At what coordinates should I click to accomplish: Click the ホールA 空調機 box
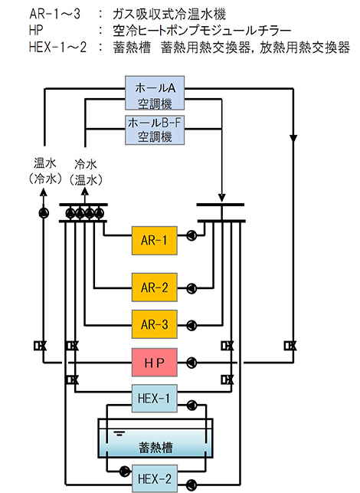[155, 93]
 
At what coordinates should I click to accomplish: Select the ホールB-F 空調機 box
[155, 130]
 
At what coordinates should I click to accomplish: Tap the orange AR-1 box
[154, 241]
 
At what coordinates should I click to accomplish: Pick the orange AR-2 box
[154, 288]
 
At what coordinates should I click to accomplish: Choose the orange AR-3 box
[154, 324]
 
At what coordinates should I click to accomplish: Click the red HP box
[154, 362]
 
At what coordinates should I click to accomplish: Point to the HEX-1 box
[154, 399]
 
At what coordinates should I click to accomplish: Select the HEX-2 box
[154, 478]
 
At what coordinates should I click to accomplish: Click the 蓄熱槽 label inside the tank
[155, 447]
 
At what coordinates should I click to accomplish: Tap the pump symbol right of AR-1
[191, 235]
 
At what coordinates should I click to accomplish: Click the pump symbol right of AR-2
[191, 288]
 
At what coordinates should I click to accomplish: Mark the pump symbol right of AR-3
[191, 325]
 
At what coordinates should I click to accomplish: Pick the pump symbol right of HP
[191, 363]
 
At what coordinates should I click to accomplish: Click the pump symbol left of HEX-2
[125, 471]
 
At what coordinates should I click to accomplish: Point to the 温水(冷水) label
[44, 171]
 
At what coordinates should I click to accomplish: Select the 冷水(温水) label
[86, 172]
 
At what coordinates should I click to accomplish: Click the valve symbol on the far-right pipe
[290, 346]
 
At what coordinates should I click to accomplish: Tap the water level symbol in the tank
[119, 433]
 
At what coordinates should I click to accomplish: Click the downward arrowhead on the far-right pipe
[293, 138]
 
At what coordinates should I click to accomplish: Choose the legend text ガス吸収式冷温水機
[169, 14]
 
